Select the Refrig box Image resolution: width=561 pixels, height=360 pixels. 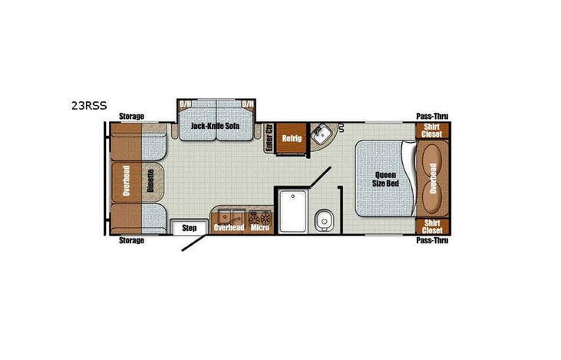[291, 138]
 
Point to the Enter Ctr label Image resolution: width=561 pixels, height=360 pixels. [269, 138]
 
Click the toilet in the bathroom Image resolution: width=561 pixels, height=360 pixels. [322, 219]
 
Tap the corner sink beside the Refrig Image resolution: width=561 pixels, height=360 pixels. [323, 134]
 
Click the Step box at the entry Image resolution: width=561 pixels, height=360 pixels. [190, 228]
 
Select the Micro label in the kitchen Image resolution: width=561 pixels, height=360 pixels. [258, 228]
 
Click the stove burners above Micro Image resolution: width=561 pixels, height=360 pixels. [259, 214]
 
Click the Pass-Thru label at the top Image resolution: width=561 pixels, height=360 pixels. [432, 116]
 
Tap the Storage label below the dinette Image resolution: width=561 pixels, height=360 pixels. [131, 240]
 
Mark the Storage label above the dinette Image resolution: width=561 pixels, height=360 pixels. [131, 116]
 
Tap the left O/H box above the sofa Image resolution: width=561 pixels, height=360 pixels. [185, 104]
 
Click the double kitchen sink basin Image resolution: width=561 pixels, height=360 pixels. [229, 213]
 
